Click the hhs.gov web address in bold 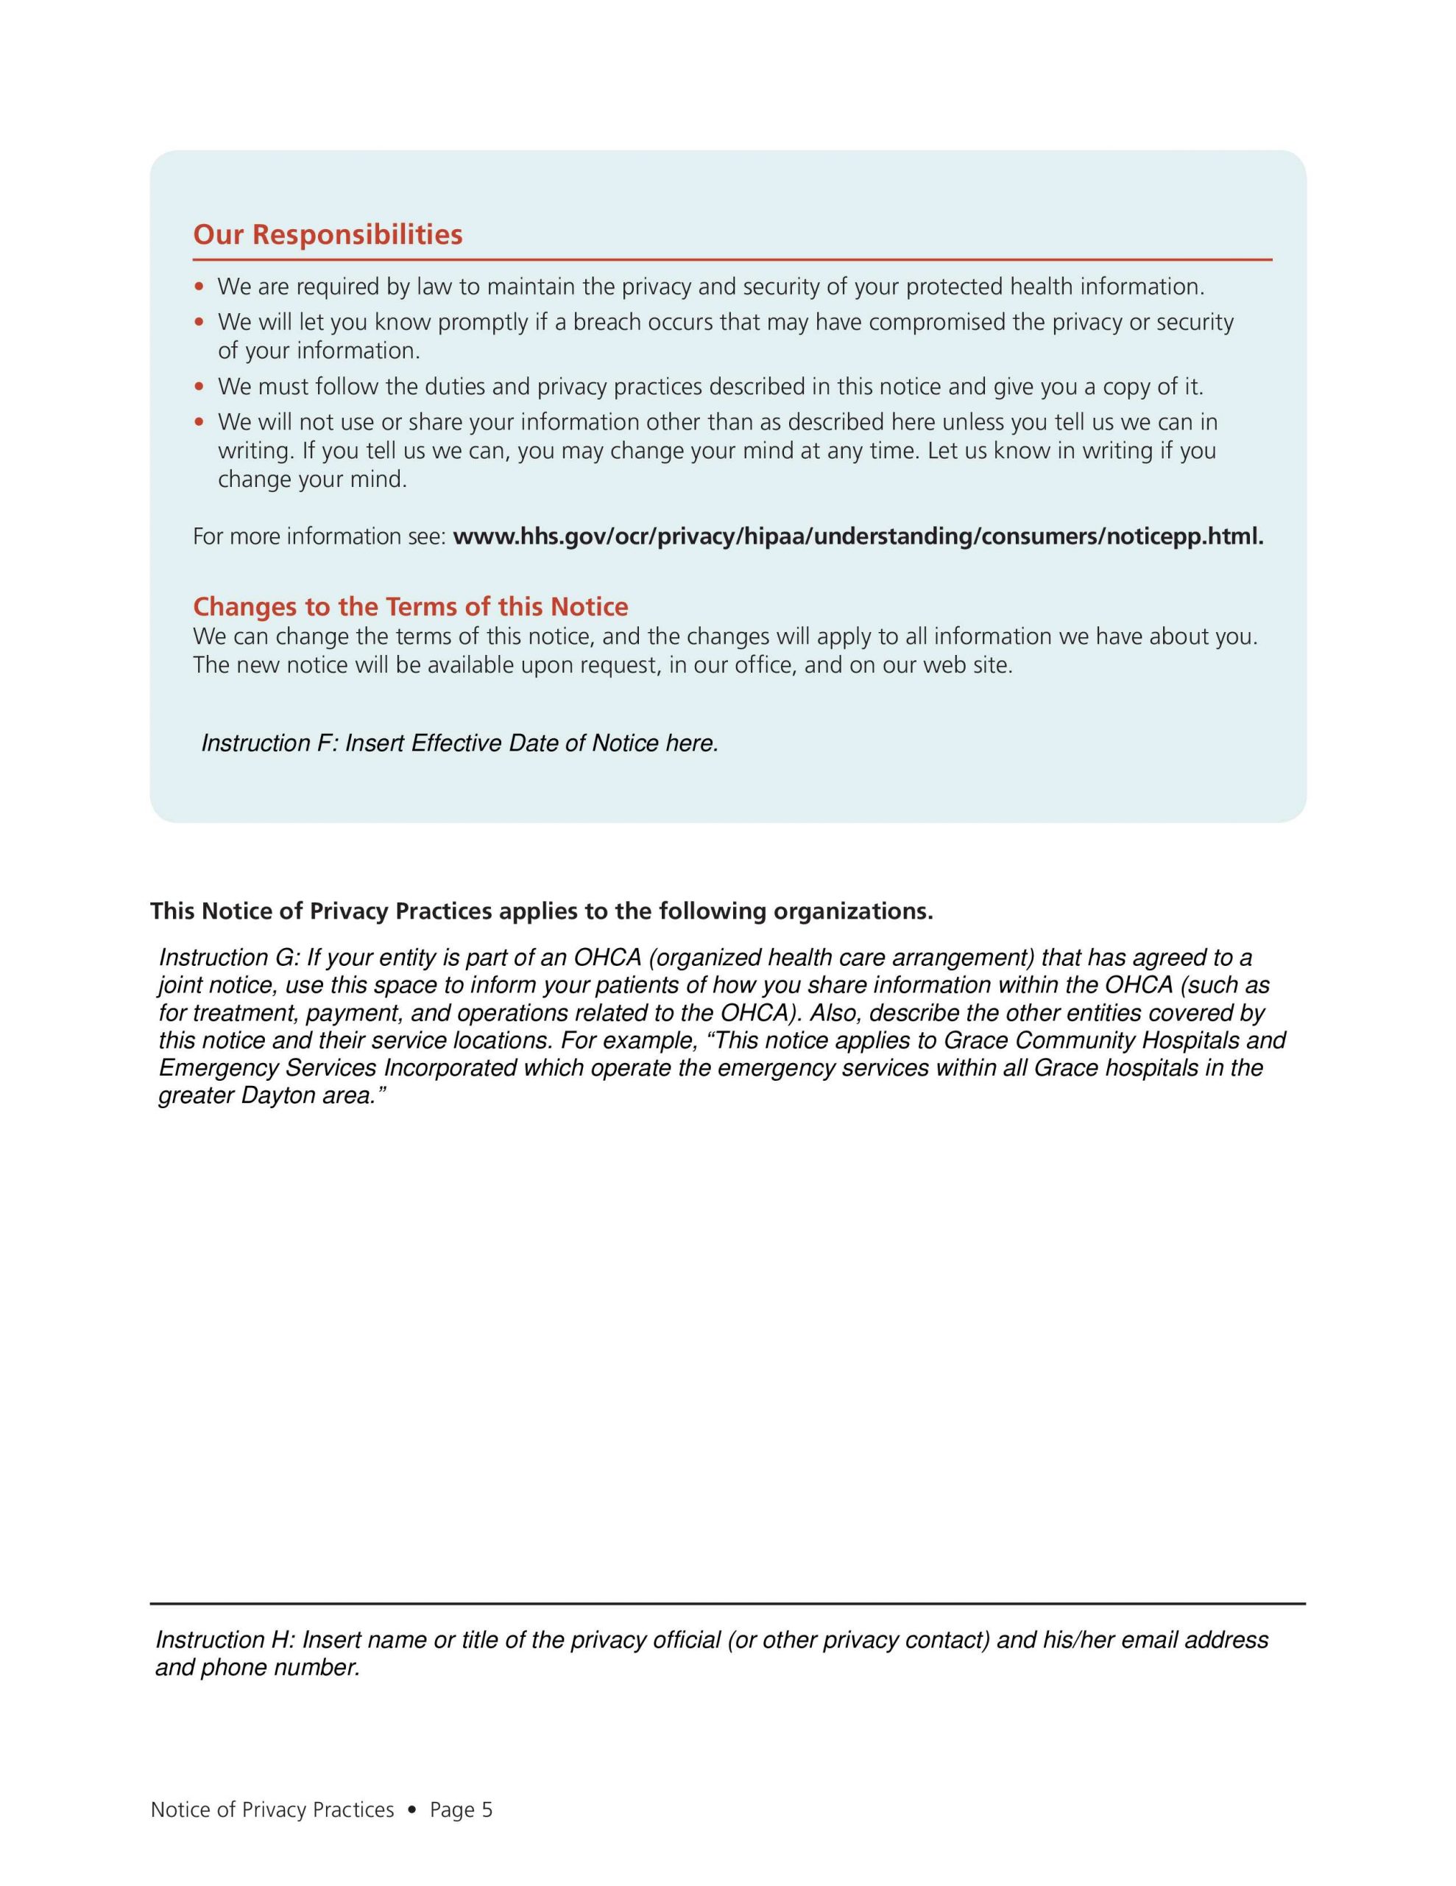click(858, 536)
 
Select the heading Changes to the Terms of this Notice click(410, 606)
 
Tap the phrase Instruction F click(267, 743)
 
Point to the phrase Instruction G click(226, 957)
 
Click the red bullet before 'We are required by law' click(200, 287)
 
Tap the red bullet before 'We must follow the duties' click(200, 387)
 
